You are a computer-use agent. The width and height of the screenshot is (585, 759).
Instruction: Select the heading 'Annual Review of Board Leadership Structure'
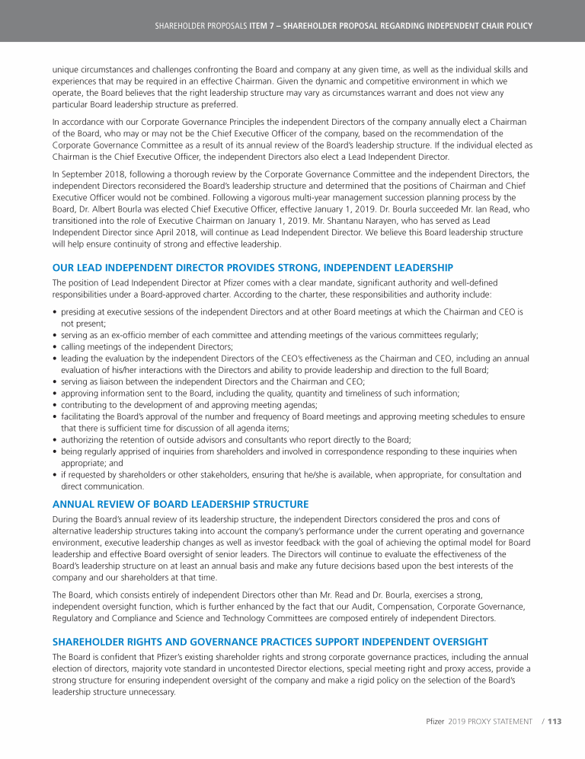[x=181, y=504]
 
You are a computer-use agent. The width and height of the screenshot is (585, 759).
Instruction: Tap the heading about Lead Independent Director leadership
[x=252, y=267]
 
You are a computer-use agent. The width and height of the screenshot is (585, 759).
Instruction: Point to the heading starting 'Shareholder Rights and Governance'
[x=270, y=642]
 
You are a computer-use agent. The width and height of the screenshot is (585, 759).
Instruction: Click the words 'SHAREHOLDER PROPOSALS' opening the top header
[x=200, y=25]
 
